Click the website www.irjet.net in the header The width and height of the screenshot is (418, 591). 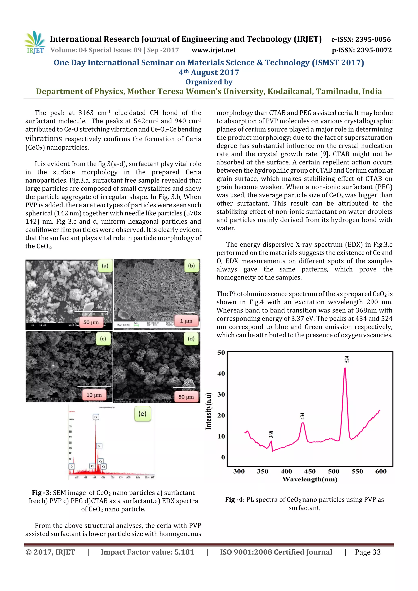coord(213,50)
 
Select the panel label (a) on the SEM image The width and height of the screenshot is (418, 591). coord(105,266)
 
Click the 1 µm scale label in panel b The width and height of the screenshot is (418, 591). coord(186,321)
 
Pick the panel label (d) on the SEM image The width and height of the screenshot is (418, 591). coord(191,339)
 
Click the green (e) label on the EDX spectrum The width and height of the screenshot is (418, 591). coord(142,414)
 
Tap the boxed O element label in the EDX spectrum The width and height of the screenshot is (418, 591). coord(72,466)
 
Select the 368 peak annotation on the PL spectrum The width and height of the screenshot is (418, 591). coord(271,435)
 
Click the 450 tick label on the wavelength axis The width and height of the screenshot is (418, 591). coord(310,472)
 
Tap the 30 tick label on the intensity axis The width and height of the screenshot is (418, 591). coord(221,394)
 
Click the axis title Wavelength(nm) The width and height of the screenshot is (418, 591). coord(310,479)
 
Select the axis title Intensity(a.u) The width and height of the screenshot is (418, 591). coord(208,411)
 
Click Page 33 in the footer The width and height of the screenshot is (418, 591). coord(368,552)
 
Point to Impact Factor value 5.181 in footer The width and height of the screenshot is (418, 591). coord(147,552)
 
